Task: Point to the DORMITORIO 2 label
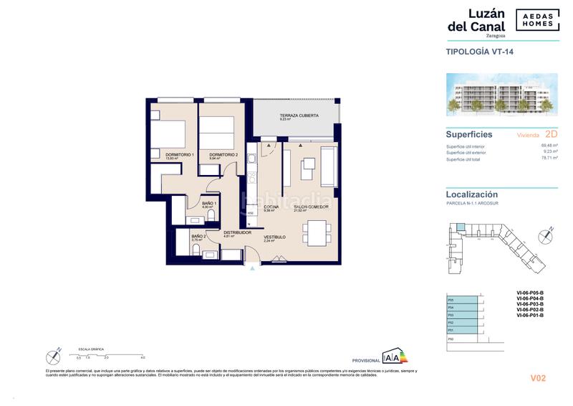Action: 223,154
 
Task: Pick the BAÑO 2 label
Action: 198,237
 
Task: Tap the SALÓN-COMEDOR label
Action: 311,207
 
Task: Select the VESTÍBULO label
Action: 274,237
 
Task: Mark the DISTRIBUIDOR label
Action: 236,232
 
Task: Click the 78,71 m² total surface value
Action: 549,160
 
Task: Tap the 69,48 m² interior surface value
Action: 549,145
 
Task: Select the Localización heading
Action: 471,194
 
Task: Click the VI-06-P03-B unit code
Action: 531,304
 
